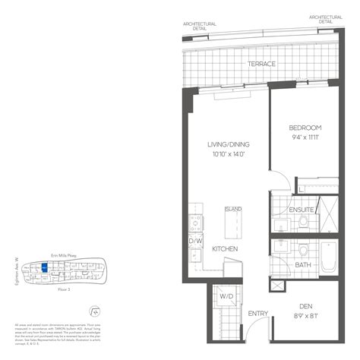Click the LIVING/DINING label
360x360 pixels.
[x=229, y=144]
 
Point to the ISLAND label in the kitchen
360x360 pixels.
[x=232, y=209]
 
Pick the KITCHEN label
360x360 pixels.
[x=226, y=249]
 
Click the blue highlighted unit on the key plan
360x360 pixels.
[x=46, y=267]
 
